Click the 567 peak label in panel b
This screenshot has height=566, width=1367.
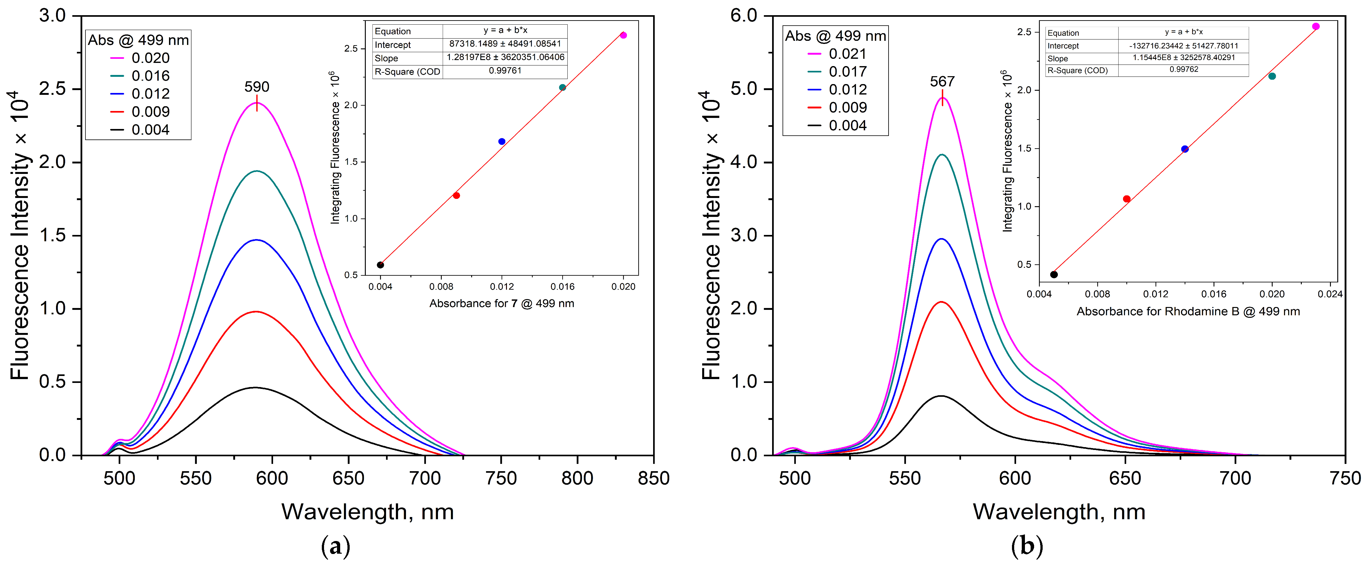pos(942,81)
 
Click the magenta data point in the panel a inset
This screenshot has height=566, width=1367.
pos(623,35)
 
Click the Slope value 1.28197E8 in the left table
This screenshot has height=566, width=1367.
pos(505,57)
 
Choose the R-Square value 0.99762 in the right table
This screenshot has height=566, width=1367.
pos(1183,70)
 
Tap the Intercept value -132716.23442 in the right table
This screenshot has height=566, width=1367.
pos(1183,46)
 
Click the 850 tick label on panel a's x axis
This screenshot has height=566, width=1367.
pos(653,478)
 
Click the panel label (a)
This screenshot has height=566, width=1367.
pos(335,546)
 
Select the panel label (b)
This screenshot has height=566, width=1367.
pos(1027,546)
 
